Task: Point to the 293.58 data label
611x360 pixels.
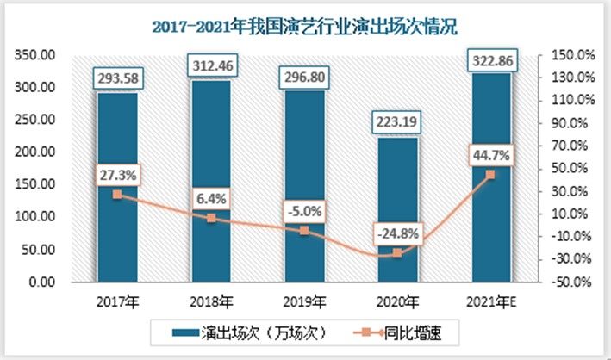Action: (117, 79)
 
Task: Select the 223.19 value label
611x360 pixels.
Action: (396, 124)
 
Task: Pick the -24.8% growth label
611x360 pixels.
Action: (396, 233)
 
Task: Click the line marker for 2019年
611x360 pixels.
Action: (303, 231)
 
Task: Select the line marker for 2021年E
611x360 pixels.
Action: (489, 175)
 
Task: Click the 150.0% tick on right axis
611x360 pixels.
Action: (570, 55)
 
